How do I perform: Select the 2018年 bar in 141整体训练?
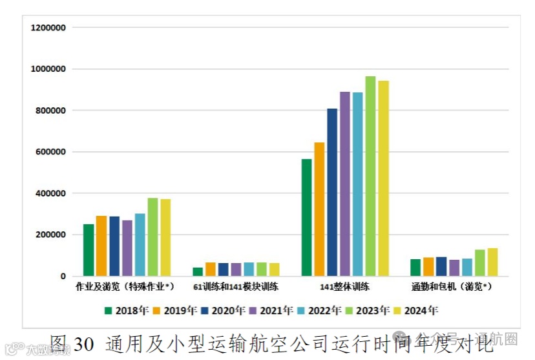pyautogui.click(x=306, y=218)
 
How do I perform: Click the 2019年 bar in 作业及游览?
pyautogui.click(x=101, y=246)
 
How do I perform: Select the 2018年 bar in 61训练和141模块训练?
pyautogui.click(x=198, y=272)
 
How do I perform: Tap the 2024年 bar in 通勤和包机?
pyautogui.click(x=492, y=262)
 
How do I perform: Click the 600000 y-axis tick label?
pyautogui.click(x=51, y=153)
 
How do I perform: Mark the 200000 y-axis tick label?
pyautogui.click(x=51, y=235)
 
